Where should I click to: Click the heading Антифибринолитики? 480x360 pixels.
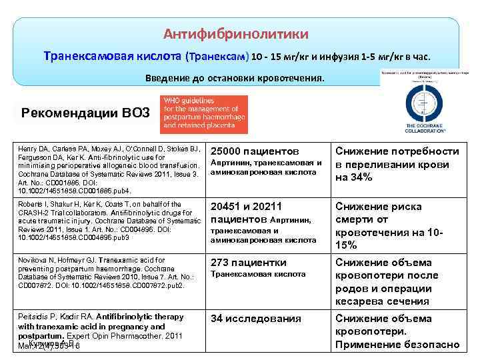[236, 33]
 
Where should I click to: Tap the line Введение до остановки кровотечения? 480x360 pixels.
[236, 78]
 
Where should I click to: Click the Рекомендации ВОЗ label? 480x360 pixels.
[85, 111]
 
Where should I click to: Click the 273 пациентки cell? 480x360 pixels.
[248, 262]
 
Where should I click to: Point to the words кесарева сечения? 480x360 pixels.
[382, 301]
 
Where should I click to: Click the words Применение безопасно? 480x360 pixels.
[397, 344]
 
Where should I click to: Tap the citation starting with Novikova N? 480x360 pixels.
[107, 273]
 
